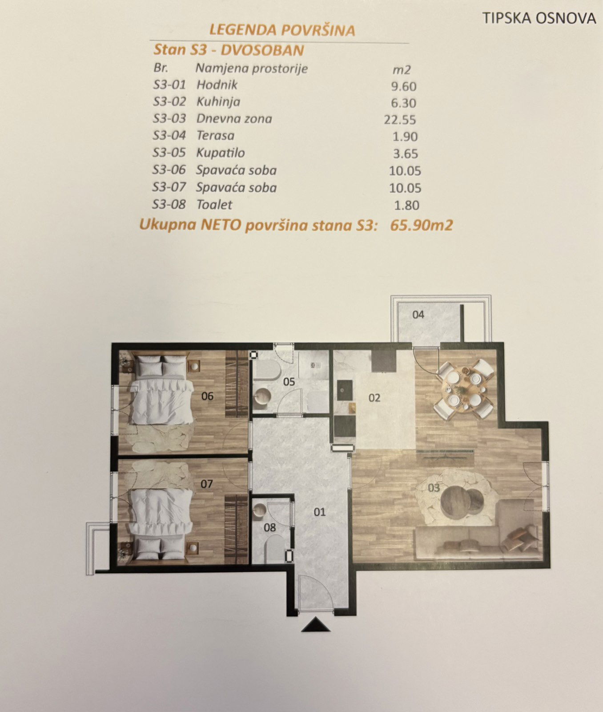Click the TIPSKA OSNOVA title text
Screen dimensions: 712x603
click(539, 18)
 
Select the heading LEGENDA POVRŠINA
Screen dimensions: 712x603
click(282, 30)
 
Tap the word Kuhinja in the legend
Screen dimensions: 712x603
click(218, 102)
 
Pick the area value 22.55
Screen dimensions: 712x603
click(400, 120)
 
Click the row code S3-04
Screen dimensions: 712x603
click(169, 136)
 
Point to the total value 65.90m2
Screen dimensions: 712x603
click(421, 225)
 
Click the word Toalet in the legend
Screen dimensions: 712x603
click(214, 205)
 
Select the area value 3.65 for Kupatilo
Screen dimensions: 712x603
click(406, 154)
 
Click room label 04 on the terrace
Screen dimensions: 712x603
click(418, 315)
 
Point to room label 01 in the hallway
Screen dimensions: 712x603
click(319, 512)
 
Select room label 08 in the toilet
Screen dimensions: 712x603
click(270, 528)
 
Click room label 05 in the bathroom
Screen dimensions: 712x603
click(289, 381)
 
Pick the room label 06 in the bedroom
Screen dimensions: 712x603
click(207, 396)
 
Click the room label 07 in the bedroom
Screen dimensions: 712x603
click(207, 484)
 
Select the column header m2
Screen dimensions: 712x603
click(402, 70)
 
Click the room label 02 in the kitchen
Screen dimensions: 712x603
click(374, 398)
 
